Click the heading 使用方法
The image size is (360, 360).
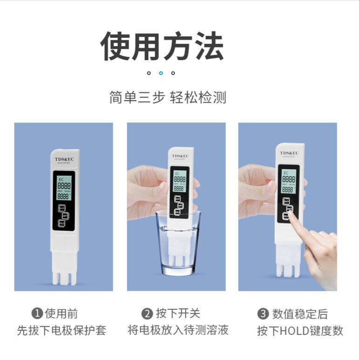coord(163,47)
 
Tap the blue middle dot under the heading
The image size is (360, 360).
coord(161,73)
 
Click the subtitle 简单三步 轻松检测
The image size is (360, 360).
coord(168,98)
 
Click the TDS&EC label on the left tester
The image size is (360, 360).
coord(63,159)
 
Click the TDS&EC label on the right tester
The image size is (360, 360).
coord(289,153)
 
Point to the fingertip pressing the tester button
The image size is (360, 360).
coord(291,213)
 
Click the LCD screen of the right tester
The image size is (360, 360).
coord(288,181)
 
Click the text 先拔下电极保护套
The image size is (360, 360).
coord(61,331)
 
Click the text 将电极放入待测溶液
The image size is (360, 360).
coord(178,330)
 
